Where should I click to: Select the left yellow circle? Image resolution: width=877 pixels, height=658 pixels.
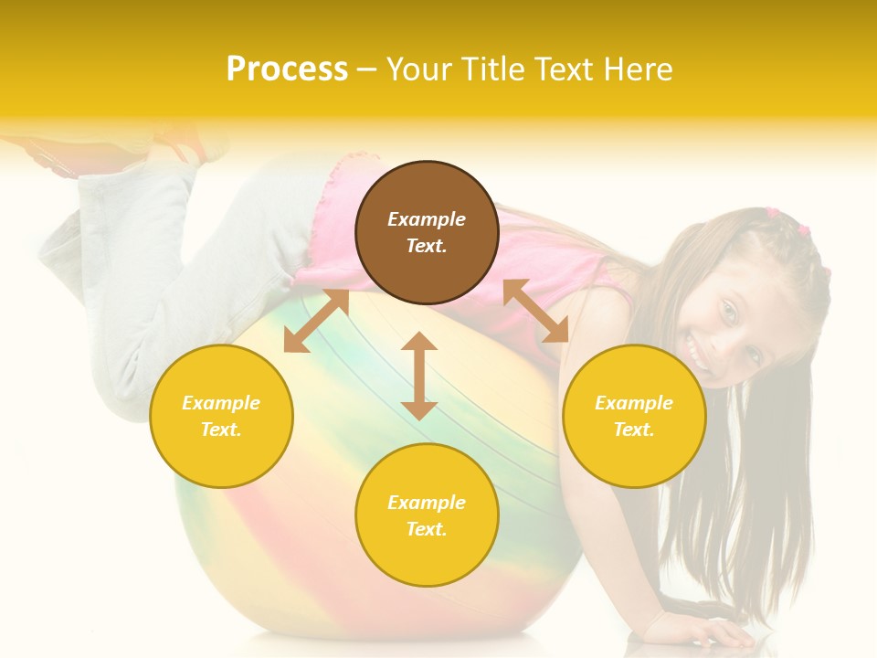tap(221, 416)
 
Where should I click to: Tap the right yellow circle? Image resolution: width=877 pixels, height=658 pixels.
tap(634, 416)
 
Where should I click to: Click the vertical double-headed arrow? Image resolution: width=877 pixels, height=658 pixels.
tap(419, 376)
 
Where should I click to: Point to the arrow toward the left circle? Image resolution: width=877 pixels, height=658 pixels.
tap(316, 321)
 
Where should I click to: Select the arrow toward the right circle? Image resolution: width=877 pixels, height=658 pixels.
tap(536, 312)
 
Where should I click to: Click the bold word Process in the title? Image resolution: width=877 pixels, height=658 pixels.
tap(287, 69)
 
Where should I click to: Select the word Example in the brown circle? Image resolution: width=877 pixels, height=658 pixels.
tap(427, 219)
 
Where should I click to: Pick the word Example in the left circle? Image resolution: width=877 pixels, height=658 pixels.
tap(221, 403)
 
